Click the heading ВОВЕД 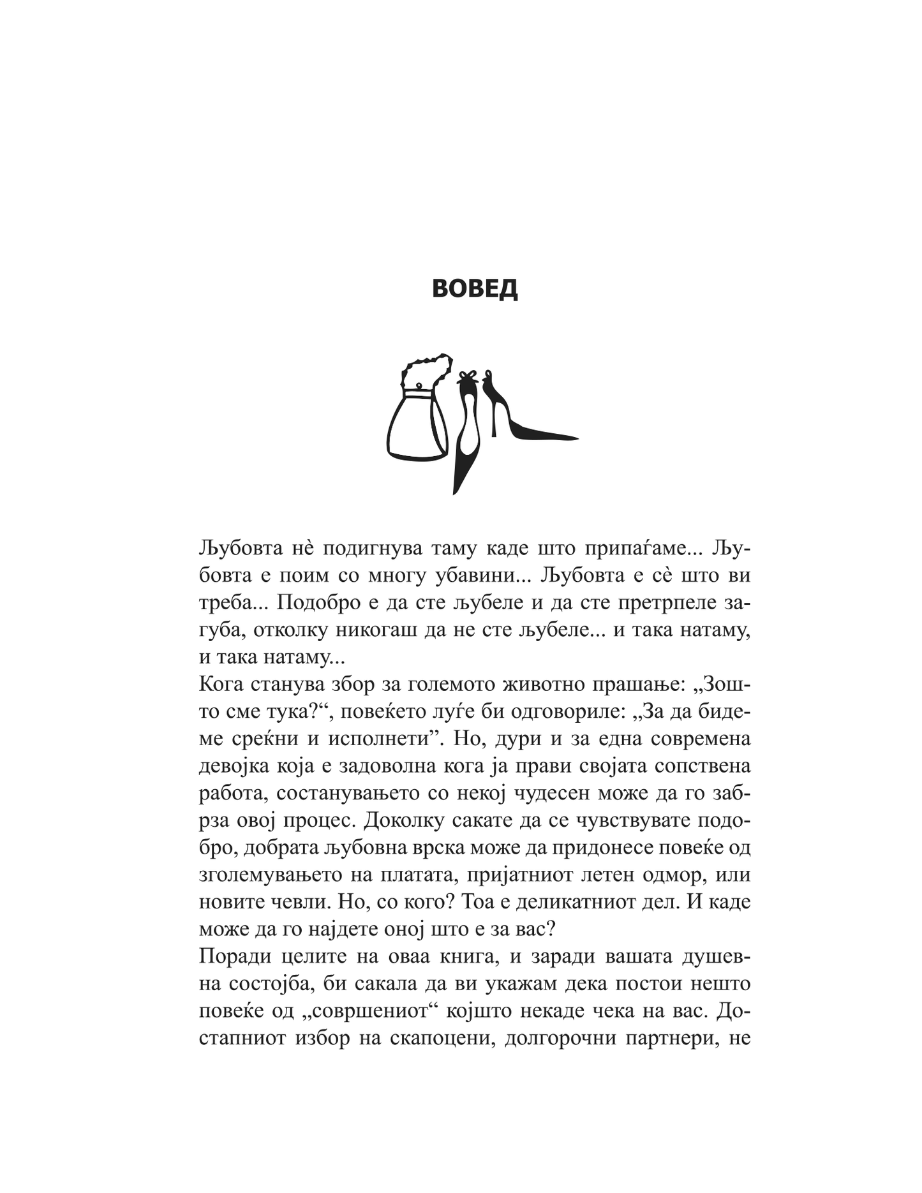pyautogui.click(x=475, y=289)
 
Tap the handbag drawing pyautogui.click(x=416, y=425)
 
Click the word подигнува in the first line pyautogui.click(x=368, y=548)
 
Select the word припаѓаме pyautogui.click(x=638, y=548)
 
